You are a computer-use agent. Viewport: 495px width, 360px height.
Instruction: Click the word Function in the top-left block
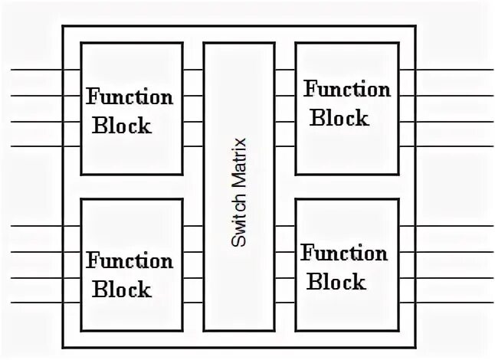coord(129,97)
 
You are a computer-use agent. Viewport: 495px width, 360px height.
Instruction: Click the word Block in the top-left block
coord(122,126)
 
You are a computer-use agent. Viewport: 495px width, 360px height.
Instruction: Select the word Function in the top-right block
coord(347,90)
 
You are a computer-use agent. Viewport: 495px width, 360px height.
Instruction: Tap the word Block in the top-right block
coord(339,118)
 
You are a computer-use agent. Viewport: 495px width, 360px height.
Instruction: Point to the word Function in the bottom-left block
coord(129,261)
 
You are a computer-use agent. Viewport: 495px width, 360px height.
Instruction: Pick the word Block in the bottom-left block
coord(122,290)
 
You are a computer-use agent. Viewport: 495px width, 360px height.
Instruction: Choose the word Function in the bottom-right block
coord(344,253)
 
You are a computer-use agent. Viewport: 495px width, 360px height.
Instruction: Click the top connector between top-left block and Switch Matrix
coord(193,70)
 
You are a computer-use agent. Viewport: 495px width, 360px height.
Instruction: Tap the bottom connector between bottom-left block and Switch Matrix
coord(193,301)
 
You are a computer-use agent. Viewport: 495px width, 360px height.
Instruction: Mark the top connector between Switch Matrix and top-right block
coord(285,70)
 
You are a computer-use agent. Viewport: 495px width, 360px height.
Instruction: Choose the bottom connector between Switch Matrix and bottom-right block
coord(285,301)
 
